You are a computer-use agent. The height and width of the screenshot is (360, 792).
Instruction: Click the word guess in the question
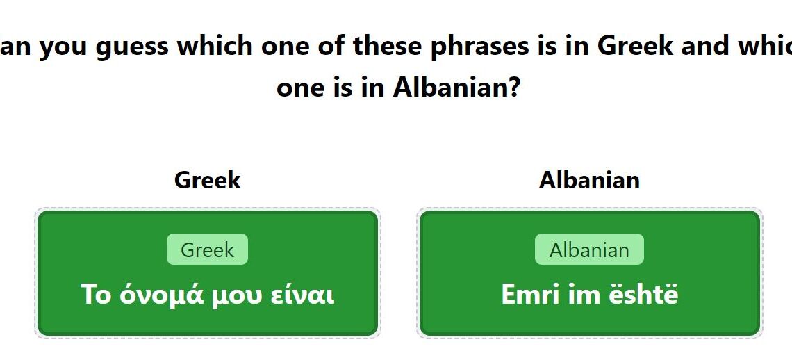pyautogui.click(x=132, y=47)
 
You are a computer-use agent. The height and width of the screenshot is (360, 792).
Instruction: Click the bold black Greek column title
pyautogui.click(x=208, y=180)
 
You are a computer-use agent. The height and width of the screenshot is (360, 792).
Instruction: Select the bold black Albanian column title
pyautogui.click(x=589, y=180)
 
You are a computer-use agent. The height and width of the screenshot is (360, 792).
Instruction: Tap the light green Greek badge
pyautogui.click(x=208, y=249)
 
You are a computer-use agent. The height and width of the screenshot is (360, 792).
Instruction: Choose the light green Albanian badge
pyautogui.click(x=589, y=249)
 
